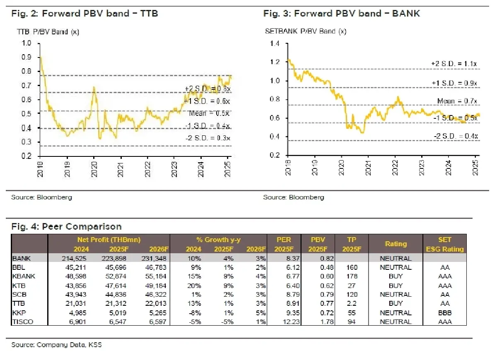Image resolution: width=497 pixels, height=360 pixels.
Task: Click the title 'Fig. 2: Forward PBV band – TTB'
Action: tap(84, 14)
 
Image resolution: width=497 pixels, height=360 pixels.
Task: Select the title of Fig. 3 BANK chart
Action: tap(342, 14)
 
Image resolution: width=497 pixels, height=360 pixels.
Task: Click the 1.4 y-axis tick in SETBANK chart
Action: tap(275, 43)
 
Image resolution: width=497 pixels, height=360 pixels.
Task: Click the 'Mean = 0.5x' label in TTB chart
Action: tap(209, 113)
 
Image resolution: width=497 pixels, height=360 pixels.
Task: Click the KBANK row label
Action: tap(24, 276)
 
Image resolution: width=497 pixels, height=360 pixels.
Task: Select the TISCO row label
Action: tap(24, 322)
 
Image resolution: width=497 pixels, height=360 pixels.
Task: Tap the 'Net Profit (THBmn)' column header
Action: tap(109, 240)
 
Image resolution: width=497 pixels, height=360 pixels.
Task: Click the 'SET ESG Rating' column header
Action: tap(445, 244)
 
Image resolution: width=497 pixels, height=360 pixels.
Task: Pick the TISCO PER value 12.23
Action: tap(285, 322)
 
